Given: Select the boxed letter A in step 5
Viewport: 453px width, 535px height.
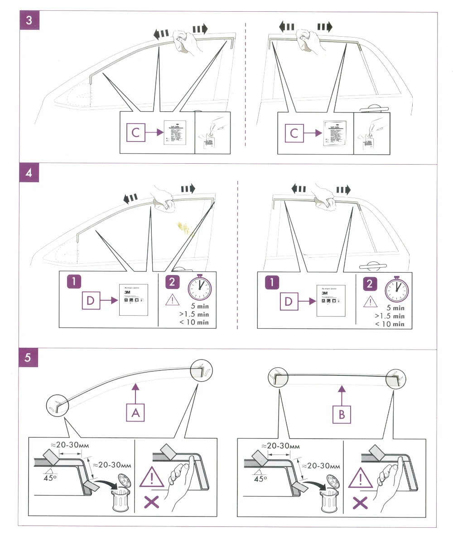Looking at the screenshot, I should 135,412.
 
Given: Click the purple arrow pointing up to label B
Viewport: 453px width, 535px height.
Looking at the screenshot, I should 342,392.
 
